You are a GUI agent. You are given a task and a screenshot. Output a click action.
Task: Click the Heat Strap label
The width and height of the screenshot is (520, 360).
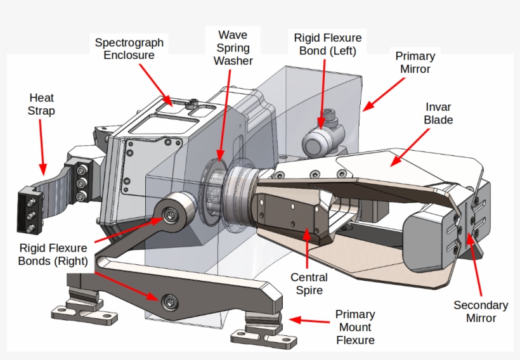42,105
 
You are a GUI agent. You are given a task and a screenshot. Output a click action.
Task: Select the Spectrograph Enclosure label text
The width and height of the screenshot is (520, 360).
129,49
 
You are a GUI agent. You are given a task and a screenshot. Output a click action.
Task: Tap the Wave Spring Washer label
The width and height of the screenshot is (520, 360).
233,48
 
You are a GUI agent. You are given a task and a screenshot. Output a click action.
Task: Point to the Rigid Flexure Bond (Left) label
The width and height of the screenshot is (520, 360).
328,44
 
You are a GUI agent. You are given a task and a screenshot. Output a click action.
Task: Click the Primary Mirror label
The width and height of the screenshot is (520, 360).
415,63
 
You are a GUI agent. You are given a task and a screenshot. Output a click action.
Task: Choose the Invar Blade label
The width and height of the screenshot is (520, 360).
439,113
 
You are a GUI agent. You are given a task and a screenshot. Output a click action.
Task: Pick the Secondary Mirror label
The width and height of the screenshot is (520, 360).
481,311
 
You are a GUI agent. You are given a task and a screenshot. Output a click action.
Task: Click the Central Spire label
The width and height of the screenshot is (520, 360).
309,284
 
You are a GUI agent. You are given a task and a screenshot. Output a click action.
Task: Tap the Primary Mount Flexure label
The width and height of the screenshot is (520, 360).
355,327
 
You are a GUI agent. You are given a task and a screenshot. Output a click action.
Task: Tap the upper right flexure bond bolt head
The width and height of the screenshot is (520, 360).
172,216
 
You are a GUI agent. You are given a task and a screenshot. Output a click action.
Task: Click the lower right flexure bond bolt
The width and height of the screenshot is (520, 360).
169,300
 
